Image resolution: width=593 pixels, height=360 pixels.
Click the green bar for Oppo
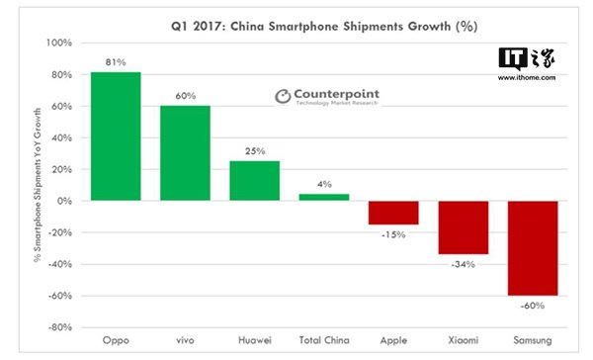point(115,136)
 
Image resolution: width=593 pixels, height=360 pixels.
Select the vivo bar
point(185,153)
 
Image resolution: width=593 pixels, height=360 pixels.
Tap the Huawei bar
point(254,181)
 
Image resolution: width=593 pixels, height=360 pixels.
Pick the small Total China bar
point(324,197)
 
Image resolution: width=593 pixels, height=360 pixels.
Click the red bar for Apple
point(393,213)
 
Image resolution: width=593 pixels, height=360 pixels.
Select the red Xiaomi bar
point(464,227)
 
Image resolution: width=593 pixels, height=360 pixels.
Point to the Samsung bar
point(533,248)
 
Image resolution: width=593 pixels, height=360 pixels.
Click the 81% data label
point(116,62)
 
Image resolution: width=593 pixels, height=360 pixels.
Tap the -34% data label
point(465,264)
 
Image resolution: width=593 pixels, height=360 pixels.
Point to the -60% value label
point(534,306)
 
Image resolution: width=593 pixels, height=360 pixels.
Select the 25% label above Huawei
point(255,150)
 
